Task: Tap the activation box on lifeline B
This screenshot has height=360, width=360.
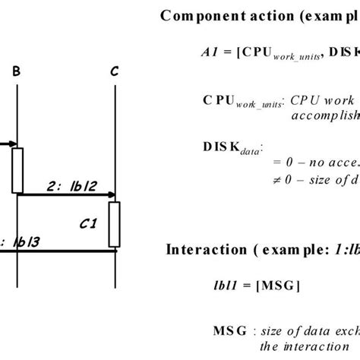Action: [x=17, y=170]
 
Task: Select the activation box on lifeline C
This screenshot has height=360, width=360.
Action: [x=114, y=224]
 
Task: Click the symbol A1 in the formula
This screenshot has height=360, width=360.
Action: [x=210, y=51]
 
